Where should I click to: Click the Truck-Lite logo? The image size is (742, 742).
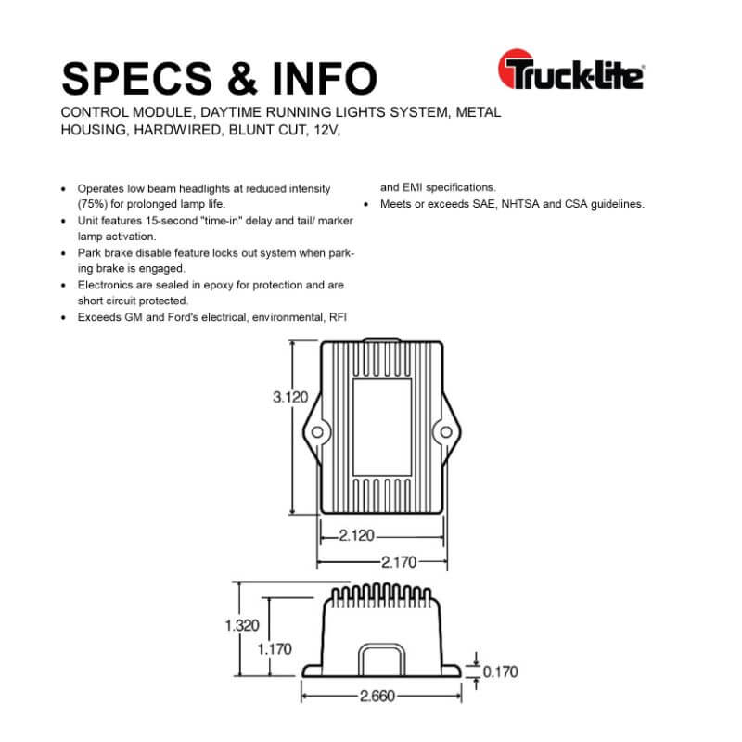click(x=571, y=70)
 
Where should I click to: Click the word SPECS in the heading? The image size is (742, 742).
click(x=136, y=79)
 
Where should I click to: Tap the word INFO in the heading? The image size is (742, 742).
click(x=325, y=79)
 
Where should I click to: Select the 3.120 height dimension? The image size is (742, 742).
click(x=290, y=397)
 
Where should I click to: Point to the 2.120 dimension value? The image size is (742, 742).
click(x=356, y=535)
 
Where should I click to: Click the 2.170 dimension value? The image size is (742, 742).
click(x=399, y=562)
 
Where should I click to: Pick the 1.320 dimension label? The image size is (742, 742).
click(x=242, y=625)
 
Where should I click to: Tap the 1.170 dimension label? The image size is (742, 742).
click(x=275, y=649)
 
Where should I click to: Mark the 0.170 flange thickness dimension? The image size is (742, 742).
click(x=500, y=672)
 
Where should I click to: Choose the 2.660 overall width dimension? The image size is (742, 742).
click(x=377, y=697)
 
